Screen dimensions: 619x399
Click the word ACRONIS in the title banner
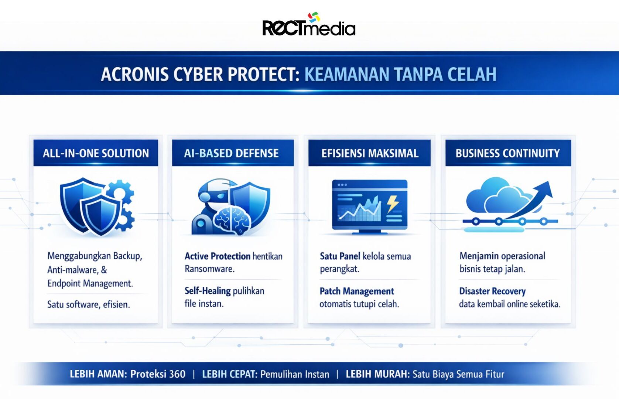tap(135, 74)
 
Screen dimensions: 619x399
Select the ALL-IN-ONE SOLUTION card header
tap(96, 153)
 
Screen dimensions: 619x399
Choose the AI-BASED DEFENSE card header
tap(233, 153)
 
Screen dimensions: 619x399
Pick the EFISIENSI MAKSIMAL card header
tap(369, 153)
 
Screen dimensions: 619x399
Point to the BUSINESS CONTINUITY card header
tap(508, 153)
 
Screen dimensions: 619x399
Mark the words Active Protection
tap(218, 256)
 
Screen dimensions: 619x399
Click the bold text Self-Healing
tap(208, 291)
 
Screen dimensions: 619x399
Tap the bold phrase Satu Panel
tap(340, 256)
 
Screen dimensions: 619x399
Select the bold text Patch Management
tap(357, 291)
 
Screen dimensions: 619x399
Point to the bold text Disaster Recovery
tap(492, 291)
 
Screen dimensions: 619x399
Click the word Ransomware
tap(209, 269)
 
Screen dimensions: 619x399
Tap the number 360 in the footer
tap(177, 374)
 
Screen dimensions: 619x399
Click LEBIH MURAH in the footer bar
tap(378, 374)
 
